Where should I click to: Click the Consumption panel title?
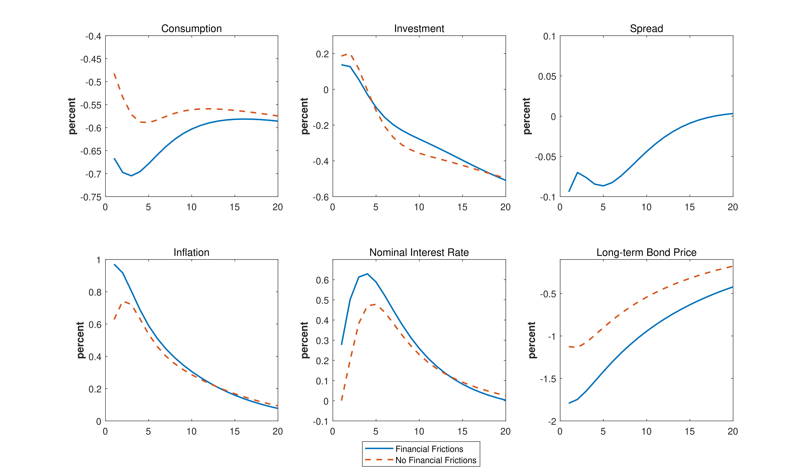tap(192, 29)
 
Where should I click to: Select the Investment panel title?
tap(419, 29)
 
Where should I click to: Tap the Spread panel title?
tap(646, 29)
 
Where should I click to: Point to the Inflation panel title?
tap(192, 253)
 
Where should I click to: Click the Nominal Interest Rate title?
tap(419, 253)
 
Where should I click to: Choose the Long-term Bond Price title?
tap(646, 253)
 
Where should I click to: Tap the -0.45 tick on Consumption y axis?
tap(91, 59)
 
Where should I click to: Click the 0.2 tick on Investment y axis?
tap(322, 54)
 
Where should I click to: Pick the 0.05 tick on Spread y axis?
tap(547, 77)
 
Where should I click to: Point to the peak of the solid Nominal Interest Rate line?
tap(367, 274)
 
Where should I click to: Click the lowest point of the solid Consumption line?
tap(131, 176)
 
